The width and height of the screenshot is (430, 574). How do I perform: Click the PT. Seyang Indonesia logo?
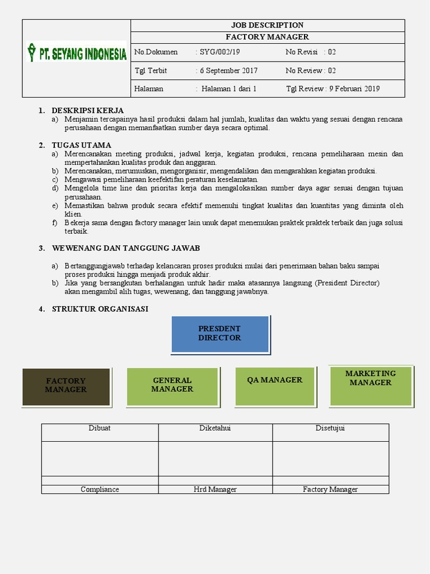tap(77, 54)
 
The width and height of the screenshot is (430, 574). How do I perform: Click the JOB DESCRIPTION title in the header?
tap(267, 25)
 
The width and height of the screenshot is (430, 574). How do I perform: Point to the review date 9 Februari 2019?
tap(354, 89)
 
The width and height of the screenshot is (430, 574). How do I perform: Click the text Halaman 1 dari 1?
tap(229, 89)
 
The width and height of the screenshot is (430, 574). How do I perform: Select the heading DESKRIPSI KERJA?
tap(87, 110)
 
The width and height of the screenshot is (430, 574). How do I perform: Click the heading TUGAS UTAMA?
tap(81, 145)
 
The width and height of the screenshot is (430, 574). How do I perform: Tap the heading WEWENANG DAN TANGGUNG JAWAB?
tap(125, 248)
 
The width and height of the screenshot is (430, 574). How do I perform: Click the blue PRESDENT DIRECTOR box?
tap(219, 334)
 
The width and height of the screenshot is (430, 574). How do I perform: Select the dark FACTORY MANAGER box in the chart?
tap(66, 386)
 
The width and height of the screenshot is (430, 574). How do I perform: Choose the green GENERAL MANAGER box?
tap(172, 386)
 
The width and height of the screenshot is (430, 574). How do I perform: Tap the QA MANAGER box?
tap(274, 386)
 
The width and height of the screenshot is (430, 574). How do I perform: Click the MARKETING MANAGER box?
tap(370, 385)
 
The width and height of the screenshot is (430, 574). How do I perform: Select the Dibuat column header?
tap(100, 428)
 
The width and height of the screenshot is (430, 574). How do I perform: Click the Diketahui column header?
tap(215, 428)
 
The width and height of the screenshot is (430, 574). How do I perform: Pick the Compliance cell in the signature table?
tap(100, 489)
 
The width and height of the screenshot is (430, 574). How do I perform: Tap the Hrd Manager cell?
tap(215, 489)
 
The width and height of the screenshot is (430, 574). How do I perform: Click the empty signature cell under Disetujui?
tap(330, 459)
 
